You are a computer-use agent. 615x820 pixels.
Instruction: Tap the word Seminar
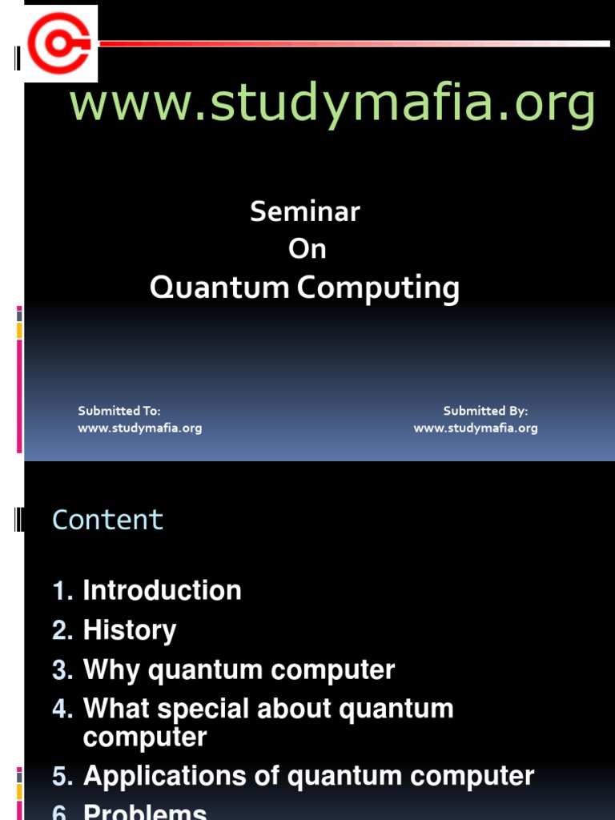tap(305, 212)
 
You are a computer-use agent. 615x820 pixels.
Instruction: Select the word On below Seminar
tap(307, 249)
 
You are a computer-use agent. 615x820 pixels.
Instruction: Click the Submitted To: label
tap(119, 411)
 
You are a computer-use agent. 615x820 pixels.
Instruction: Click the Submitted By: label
tap(485, 411)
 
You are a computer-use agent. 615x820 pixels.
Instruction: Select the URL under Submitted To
tap(139, 428)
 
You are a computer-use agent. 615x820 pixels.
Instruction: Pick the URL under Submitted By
tap(476, 428)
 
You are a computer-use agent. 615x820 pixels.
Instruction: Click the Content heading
tap(107, 520)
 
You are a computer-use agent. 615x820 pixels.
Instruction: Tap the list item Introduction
tap(162, 591)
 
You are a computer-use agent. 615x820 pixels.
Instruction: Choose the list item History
tap(129, 630)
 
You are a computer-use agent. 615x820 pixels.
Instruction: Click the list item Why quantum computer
tap(239, 669)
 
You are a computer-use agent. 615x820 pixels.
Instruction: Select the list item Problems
tap(145, 812)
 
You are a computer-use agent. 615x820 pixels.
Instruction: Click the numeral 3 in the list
tap(61, 669)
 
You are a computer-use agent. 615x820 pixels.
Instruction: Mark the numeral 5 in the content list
tap(61, 776)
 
